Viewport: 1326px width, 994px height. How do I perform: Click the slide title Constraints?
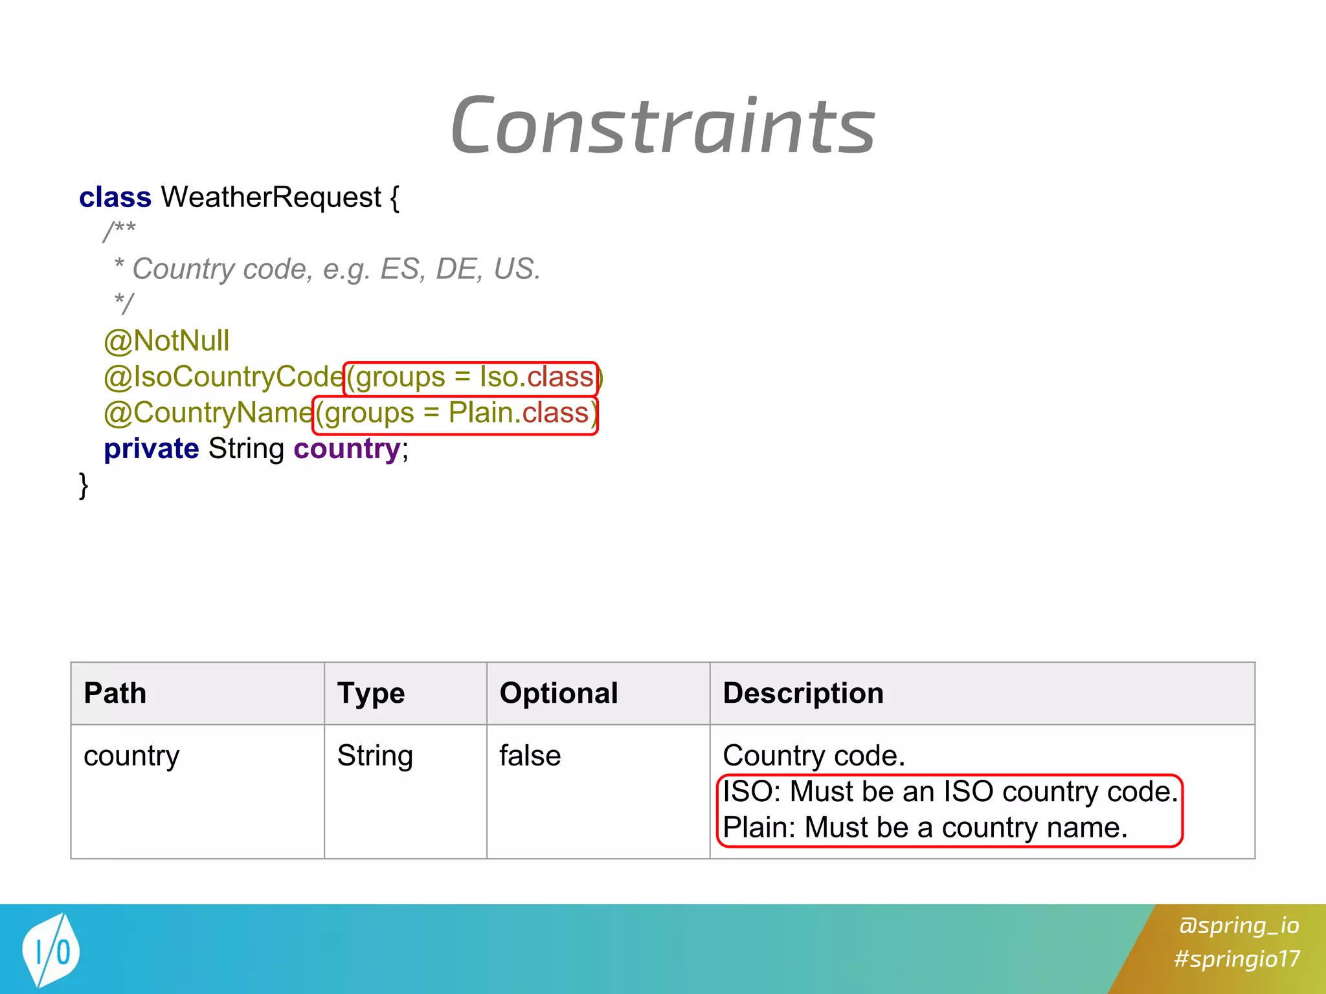point(663,126)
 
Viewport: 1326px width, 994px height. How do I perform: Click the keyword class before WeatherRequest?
point(115,197)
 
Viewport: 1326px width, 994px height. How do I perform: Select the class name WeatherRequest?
point(271,197)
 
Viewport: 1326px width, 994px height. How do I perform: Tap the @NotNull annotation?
point(166,341)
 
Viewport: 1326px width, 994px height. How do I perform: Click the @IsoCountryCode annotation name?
point(223,377)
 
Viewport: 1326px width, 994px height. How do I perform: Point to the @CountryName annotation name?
point(208,413)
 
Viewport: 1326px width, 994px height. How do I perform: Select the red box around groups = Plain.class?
point(455,414)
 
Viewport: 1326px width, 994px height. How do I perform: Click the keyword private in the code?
point(152,449)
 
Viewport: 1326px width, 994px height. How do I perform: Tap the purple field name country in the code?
point(347,449)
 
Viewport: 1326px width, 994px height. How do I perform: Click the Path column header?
point(115,693)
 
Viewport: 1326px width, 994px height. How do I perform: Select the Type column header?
point(371,693)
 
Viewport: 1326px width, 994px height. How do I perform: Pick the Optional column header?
point(559,693)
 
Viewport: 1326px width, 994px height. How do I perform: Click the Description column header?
point(803,693)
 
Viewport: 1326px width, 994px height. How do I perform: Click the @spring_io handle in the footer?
point(1239,925)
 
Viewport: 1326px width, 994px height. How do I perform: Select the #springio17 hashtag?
point(1237,958)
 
